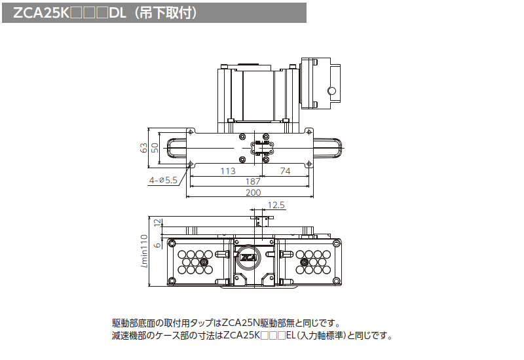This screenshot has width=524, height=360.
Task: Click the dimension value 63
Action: pyautogui.click(x=143, y=147)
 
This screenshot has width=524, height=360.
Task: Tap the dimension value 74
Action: pyautogui.click(x=286, y=171)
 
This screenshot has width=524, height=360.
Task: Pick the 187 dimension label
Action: pyautogui.click(x=253, y=182)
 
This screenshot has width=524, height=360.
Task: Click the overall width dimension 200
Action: pyautogui.click(x=253, y=192)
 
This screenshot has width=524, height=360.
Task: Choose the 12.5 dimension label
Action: pyautogui.click(x=276, y=206)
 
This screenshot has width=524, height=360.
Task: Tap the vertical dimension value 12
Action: pyautogui.click(x=157, y=223)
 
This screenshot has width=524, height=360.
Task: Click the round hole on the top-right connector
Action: pyautogui.click(x=332, y=90)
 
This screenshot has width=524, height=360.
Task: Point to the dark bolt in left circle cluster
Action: pyautogui.click(x=204, y=262)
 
